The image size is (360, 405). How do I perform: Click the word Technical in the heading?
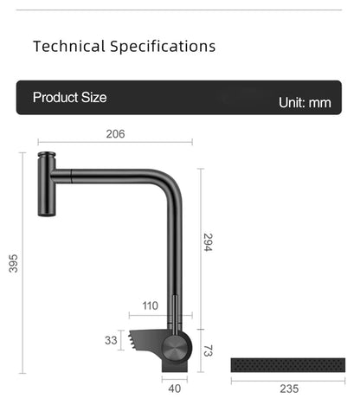(x=68, y=46)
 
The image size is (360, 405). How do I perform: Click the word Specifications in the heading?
(x=163, y=46)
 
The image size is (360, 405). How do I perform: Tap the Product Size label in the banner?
(x=69, y=98)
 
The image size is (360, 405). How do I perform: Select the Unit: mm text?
(x=305, y=102)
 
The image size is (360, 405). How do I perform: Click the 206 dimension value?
(x=115, y=134)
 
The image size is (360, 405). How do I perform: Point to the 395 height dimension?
(x=13, y=263)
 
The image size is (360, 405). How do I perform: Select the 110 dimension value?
(x=150, y=305)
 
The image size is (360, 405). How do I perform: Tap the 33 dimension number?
(x=111, y=340)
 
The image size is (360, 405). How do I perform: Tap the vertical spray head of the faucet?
(x=44, y=185)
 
